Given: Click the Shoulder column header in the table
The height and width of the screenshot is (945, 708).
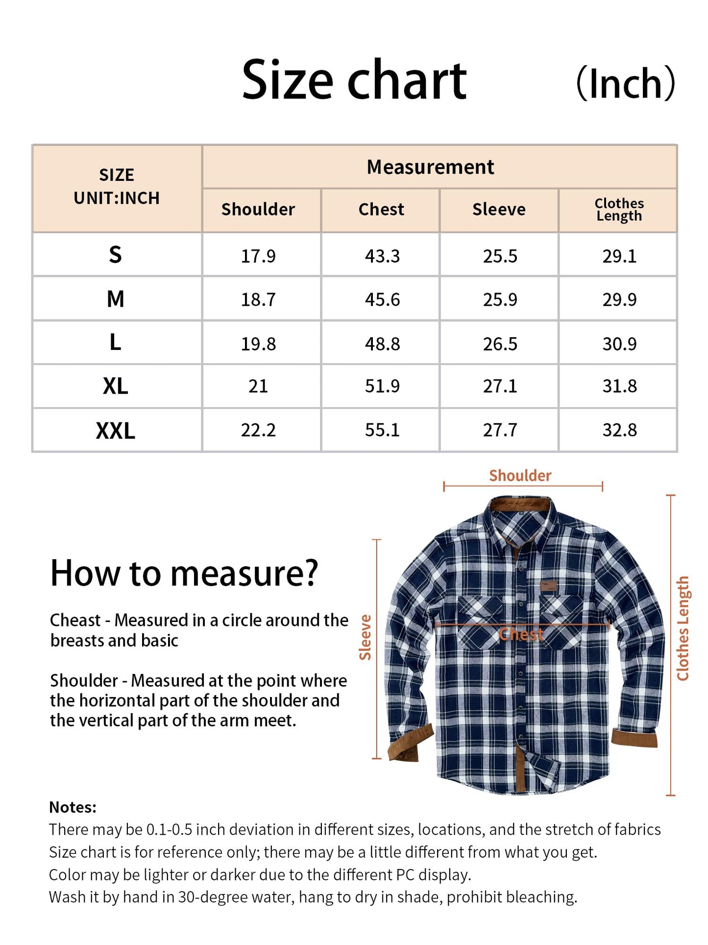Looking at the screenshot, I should pos(258,209).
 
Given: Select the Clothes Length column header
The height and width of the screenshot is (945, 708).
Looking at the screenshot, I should pos(619,209).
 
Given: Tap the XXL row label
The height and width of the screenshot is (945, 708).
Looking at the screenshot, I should pos(116,430).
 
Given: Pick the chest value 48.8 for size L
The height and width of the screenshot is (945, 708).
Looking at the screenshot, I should pos(382,344).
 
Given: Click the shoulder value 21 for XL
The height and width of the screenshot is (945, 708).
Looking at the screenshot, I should pos(258,386).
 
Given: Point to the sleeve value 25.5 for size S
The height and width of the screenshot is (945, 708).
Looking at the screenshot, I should pos(500,256).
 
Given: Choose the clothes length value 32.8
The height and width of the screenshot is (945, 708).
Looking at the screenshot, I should pos(619,430).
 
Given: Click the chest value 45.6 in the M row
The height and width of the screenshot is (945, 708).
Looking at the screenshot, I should pos(382,299).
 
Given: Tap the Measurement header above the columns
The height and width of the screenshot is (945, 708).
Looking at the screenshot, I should pos(430,167).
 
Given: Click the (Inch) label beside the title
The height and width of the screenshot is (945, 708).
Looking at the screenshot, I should pos(626,83).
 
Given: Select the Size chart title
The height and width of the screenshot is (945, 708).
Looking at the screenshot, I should pos(354,80).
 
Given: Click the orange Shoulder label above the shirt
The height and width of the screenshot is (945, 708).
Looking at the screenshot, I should pos(520,475).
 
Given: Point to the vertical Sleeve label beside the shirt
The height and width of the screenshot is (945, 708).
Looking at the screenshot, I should pos(366,637).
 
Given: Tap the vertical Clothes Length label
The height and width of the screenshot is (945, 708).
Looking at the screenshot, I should pos(683,628).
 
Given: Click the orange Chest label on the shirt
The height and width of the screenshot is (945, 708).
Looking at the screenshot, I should pos(521,635).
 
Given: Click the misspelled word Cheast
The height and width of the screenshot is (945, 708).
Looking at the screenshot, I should pos(75,620).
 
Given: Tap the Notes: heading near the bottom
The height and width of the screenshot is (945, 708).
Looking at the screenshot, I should pos(73,807).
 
